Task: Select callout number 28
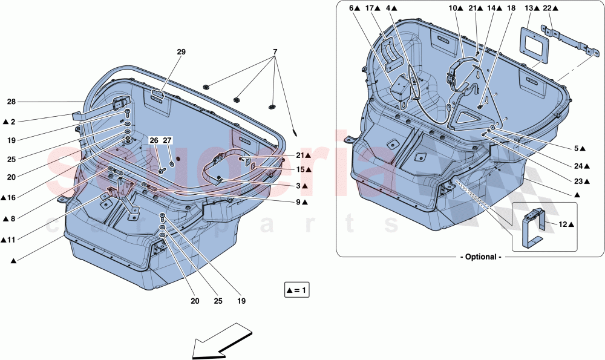click(x=11, y=101)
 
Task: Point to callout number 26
click(x=154, y=140)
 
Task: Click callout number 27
click(x=168, y=140)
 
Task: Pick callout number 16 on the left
click(x=11, y=197)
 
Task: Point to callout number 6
click(x=352, y=8)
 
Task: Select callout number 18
click(x=512, y=8)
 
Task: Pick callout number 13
click(x=529, y=8)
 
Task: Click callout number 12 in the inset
click(x=563, y=224)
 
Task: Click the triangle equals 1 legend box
click(x=297, y=290)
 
